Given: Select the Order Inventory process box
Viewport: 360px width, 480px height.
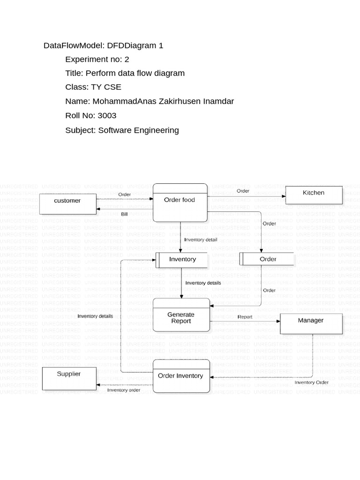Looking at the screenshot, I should tap(180, 376).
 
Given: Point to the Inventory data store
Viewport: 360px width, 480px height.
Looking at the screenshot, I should tap(182, 259).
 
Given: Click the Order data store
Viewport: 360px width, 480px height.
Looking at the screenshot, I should tap(267, 259).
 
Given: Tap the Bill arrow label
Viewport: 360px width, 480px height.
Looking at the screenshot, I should tap(124, 214).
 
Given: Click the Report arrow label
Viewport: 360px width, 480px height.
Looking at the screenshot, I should tap(245, 317).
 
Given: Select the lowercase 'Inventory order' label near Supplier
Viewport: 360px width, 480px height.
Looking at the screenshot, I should tap(124, 390).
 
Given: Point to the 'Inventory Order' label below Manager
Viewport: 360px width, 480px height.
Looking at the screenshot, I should tap(311, 382).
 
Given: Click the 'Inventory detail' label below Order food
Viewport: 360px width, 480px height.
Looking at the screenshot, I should tap(201, 240).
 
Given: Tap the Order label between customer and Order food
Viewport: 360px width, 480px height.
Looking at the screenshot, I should tap(124, 194).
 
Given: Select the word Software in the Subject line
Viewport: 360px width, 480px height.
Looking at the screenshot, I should tap(114, 130).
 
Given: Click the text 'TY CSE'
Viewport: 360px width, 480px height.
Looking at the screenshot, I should tap(106, 87).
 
